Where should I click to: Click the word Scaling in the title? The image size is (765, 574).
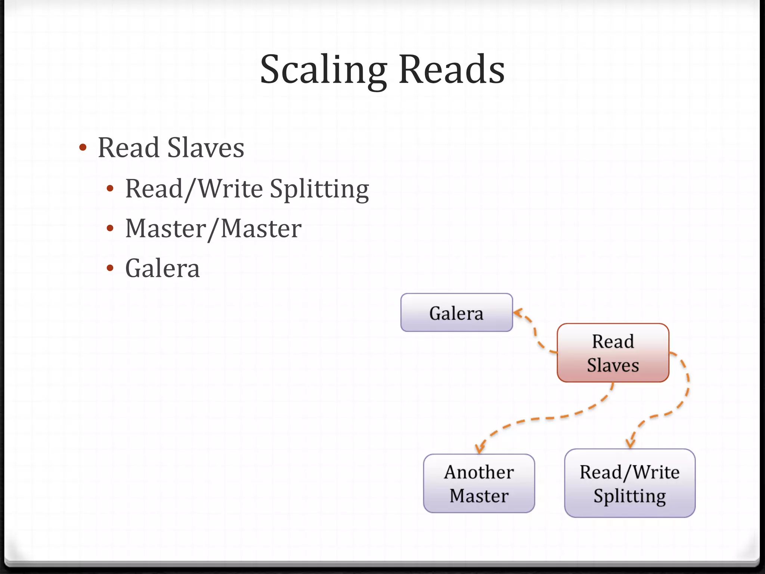(x=323, y=70)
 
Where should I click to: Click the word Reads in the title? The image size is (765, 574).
(x=452, y=70)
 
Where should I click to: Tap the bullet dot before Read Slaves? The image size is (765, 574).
(x=83, y=148)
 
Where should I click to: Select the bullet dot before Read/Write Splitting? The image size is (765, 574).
(x=110, y=189)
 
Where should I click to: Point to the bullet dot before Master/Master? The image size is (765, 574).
(x=110, y=228)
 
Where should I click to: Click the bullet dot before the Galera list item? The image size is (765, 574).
(x=110, y=268)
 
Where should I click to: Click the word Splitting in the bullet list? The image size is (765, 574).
(x=319, y=189)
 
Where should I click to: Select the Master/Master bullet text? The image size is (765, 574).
(x=213, y=229)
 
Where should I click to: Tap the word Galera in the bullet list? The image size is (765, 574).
(x=162, y=268)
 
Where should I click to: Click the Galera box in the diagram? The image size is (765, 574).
(x=456, y=313)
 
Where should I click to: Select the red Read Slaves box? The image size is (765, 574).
(x=613, y=353)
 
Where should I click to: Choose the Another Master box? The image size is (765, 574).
(x=479, y=484)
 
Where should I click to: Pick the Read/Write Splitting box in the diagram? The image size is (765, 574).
(x=630, y=484)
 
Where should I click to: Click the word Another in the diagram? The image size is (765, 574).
(x=479, y=472)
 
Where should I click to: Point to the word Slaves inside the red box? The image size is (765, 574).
(x=613, y=365)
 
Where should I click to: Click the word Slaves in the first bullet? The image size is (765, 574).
(x=205, y=148)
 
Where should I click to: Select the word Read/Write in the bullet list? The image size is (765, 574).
(x=194, y=189)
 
